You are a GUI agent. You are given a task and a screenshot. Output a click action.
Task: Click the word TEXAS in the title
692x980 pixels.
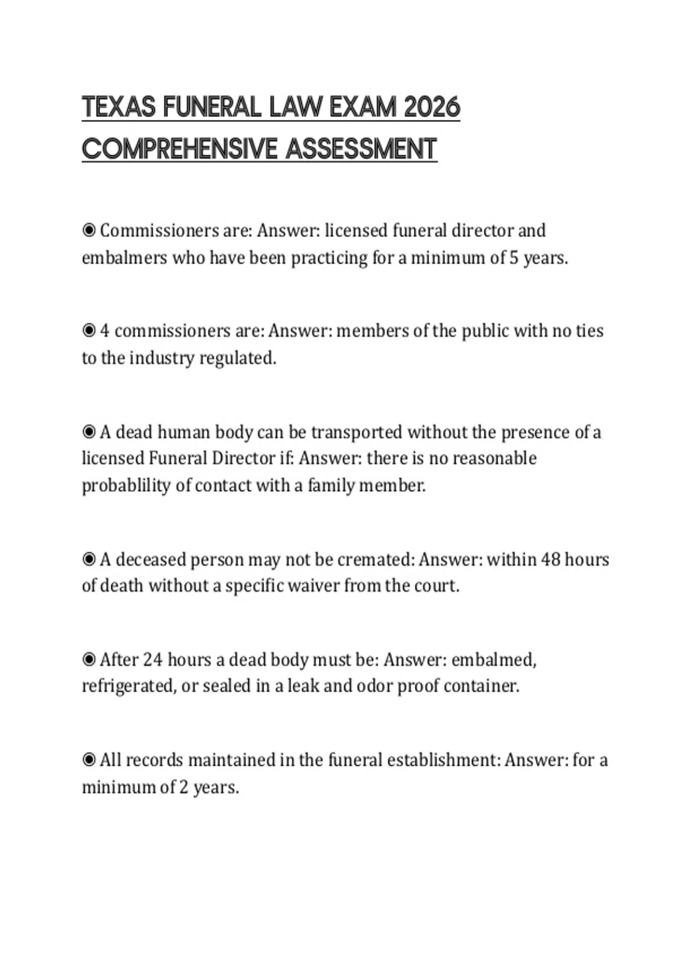tap(119, 107)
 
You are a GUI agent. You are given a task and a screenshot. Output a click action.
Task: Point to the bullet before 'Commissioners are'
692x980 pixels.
tap(89, 231)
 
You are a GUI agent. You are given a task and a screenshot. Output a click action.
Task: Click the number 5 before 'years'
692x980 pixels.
tap(514, 258)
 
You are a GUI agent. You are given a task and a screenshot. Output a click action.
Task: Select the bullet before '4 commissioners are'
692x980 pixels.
tap(89, 331)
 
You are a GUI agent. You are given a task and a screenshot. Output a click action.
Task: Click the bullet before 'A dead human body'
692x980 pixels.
tap(89, 432)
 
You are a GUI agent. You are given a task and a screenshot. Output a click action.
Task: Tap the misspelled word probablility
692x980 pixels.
tap(126, 485)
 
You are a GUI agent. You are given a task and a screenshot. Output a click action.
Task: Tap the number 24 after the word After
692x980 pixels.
tap(153, 659)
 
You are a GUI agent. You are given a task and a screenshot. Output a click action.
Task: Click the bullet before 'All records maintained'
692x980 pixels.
tap(89, 760)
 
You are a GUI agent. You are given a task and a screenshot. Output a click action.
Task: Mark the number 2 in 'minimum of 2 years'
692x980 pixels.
tap(183, 787)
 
